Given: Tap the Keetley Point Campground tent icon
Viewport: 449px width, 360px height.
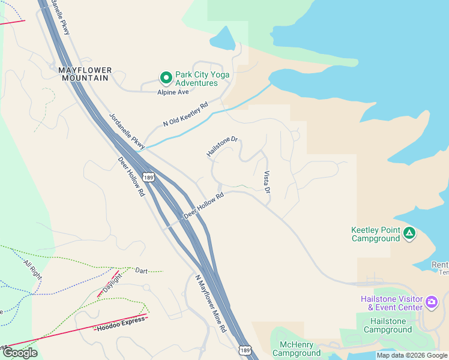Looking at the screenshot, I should tap(409, 232).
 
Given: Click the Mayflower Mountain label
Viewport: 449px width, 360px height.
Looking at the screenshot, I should tap(84, 74).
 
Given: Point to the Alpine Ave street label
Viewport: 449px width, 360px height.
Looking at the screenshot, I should tap(173, 92).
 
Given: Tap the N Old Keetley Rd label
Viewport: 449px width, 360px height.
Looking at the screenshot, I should tap(185, 114).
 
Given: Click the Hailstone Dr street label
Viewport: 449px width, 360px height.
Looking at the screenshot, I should tap(222, 147).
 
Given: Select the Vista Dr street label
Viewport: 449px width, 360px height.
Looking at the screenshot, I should tap(267, 182).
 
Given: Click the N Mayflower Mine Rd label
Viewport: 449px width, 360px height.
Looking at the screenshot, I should tap(211, 304).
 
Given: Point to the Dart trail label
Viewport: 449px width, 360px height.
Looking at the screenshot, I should tap(142, 271).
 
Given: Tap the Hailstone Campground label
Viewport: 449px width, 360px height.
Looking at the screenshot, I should tap(388, 326).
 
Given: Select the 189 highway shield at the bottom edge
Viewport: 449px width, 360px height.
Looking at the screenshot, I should tap(244, 349).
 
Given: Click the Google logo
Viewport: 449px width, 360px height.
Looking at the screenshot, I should tap(20, 353).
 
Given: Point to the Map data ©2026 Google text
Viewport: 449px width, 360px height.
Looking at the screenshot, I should tap(412, 355).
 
